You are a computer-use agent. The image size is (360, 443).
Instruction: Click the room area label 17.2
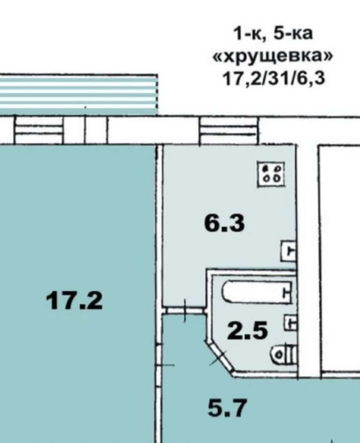[x=75, y=301]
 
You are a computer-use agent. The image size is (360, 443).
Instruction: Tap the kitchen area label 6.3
[x=224, y=224]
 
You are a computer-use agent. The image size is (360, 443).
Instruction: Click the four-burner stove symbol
[x=271, y=175]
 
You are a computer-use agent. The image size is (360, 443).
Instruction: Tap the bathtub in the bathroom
[x=257, y=292]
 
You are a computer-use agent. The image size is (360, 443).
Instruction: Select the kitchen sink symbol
[x=288, y=251]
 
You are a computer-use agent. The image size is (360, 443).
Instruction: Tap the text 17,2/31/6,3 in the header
[x=274, y=79]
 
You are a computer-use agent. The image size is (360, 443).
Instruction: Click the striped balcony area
[x=79, y=95]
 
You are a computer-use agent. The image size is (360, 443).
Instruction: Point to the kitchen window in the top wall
[x=228, y=130]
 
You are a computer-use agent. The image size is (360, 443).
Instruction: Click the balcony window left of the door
[x=39, y=130]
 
